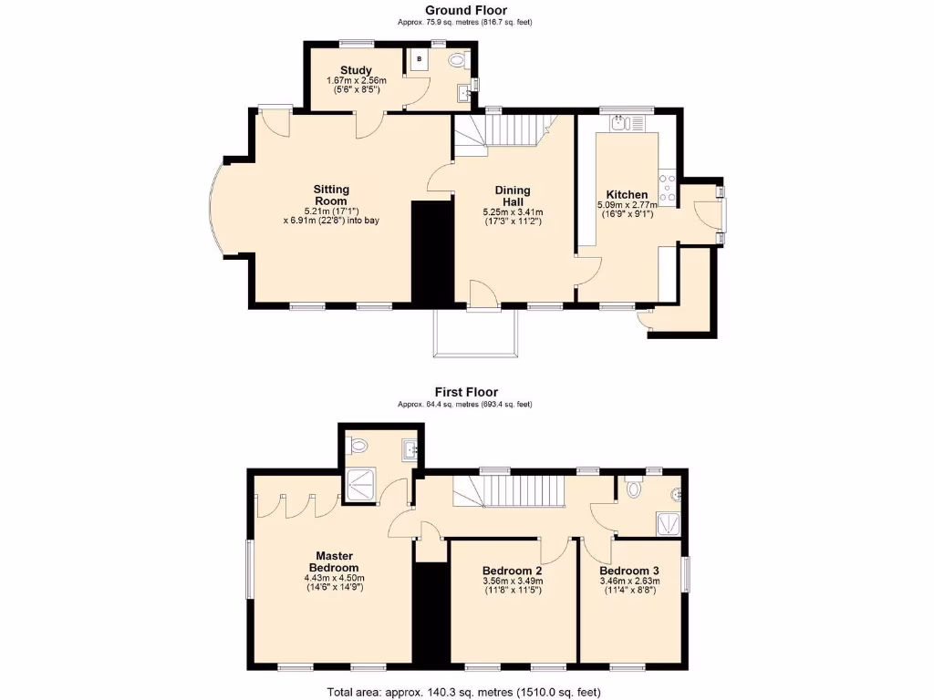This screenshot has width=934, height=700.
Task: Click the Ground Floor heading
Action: click(466, 11)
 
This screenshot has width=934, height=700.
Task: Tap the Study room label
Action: click(356, 70)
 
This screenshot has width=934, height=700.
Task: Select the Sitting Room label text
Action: click(332, 195)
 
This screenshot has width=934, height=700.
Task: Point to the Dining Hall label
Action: click(513, 196)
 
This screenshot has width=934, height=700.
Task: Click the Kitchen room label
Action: click(628, 195)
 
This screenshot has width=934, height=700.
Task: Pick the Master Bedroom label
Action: click(334, 561)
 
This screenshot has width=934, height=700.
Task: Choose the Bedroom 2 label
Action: click(512, 571)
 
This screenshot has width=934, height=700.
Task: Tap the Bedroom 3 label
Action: click(628, 571)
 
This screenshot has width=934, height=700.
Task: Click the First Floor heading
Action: click(466, 393)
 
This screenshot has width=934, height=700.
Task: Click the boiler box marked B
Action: click(419, 59)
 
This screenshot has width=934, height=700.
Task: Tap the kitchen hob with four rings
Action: click(667, 187)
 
